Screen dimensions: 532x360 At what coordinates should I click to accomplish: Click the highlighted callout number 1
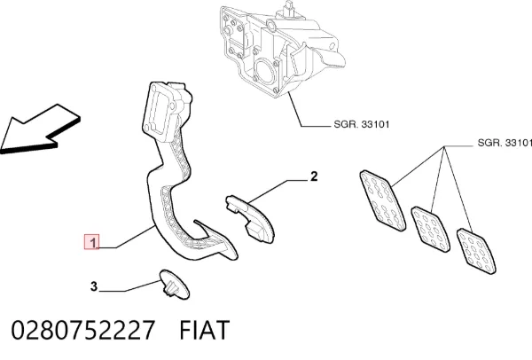(91, 242)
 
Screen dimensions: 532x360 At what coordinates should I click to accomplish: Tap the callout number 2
(314, 176)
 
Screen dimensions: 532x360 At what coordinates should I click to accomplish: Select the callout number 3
(94, 286)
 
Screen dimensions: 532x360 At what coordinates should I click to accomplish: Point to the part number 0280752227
(83, 330)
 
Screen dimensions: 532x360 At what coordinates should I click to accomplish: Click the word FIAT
(205, 330)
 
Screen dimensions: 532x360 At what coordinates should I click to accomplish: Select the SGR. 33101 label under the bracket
(362, 124)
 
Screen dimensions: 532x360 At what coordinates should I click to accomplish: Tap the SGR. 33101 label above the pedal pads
(505, 143)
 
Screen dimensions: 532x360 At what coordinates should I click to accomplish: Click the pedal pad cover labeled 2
(250, 219)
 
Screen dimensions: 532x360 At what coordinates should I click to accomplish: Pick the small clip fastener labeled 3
(175, 285)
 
